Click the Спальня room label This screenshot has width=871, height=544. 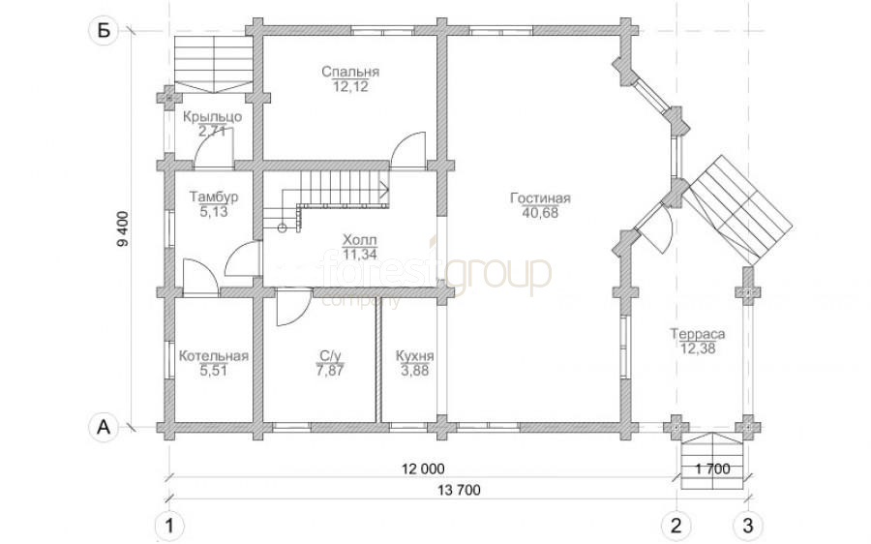tap(350, 72)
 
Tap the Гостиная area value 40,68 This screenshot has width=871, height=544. tap(540, 213)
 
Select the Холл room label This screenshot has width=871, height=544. tap(360, 241)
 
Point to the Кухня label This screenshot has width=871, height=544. tap(414, 356)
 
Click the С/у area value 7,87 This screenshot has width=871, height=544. tap(330, 371)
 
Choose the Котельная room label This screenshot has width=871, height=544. tap(213, 356)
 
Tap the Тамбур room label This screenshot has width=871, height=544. tap(214, 197)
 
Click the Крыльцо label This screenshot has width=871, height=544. tap(212, 117)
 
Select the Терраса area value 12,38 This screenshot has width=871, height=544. tap(698, 349)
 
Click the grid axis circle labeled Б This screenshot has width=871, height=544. tap(104, 31)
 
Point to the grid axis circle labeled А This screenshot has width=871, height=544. tap(104, 427)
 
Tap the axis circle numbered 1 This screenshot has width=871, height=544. tap(168, 525)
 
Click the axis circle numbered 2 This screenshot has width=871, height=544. tap(676, 525)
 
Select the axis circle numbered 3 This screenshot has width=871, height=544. tap(748, 525)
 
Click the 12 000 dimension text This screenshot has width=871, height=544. tap(423, 469)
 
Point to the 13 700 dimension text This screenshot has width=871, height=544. tap(459, 490)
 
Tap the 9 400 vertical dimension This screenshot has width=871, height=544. tap(123, 229)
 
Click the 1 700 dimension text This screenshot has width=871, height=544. tap(712, 469)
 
